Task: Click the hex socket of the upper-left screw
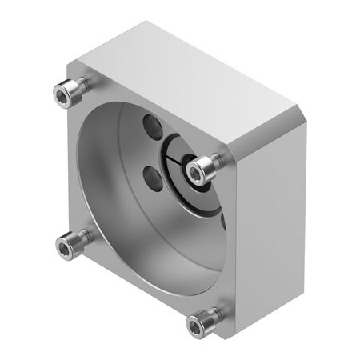[62, 96]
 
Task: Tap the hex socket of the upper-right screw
[196, 169]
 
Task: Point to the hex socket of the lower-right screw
[196, 325]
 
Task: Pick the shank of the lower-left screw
[79, 236]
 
